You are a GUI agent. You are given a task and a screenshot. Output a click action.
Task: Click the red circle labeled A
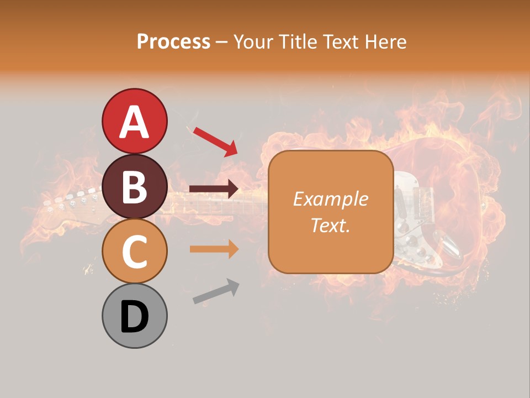click(x=134, y=121)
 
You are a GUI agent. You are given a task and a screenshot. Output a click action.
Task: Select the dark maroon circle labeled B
click(x=134, y=186)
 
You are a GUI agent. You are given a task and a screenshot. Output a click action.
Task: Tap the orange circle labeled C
click(x=134, y=251)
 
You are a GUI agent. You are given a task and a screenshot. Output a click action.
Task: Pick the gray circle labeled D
click(x=134, y=316)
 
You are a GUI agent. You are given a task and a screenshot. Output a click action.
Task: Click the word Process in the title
click(x=173, y=41)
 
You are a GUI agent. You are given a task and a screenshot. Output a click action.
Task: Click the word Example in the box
click(x=330, y=199)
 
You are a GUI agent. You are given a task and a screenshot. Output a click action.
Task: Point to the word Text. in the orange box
click(x=330, y=225)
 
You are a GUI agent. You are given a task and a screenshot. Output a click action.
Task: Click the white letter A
click(x=134, y=121)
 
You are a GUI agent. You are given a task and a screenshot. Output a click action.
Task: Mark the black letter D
click(x=134, y=316)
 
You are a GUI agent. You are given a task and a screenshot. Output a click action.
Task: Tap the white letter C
click(x=134, y=252)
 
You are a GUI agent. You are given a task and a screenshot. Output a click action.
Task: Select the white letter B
click(x=134, y=187)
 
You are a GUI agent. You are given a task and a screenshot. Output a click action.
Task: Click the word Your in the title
click(x=253, y=41)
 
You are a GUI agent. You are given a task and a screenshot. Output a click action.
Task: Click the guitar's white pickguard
click(x=409, y=221)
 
